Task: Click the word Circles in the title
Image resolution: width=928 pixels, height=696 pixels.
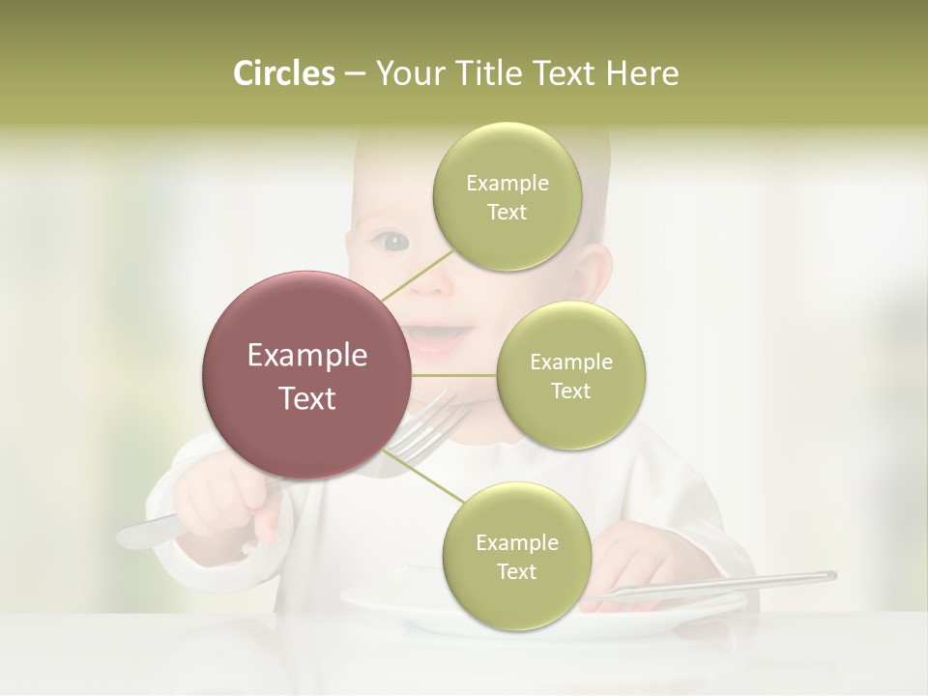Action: (283, 73)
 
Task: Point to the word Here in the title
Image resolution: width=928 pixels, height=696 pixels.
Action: (642, 73)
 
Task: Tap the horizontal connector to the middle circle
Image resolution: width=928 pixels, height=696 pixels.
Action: (454, 375)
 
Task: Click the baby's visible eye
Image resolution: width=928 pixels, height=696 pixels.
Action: (391, 240)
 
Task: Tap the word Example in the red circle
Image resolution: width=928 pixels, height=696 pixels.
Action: (307, 356)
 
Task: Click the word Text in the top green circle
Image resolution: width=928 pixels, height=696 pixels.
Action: (507, 213)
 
